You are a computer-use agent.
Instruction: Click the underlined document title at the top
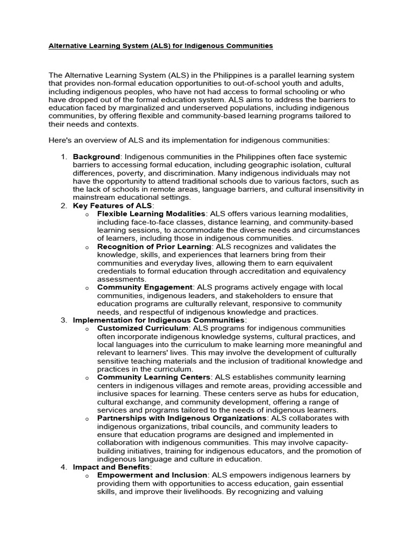coord(161,46)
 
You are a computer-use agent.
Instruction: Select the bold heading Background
coord(96,157)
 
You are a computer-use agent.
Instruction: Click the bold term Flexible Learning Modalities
coord(151,214)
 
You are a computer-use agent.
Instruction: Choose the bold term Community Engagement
coord(144,287)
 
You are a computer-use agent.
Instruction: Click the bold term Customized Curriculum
coord(143,328)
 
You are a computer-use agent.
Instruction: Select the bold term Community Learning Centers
coord(154,377)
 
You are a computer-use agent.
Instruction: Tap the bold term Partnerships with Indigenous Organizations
coord(182,418)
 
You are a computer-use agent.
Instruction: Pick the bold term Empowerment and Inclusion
coord(152,475)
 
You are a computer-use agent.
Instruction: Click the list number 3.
coord(63,320)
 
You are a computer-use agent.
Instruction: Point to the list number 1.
coord(63,157)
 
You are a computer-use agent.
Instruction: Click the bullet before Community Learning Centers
coord(87,378)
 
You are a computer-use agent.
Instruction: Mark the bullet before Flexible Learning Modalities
coord(87,215)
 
